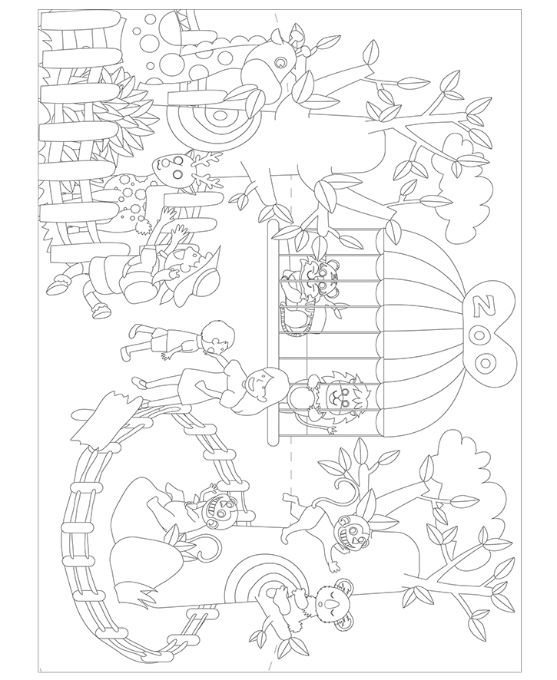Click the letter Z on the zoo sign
[x=482, y=306]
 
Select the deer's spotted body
[x=128, y=199]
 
